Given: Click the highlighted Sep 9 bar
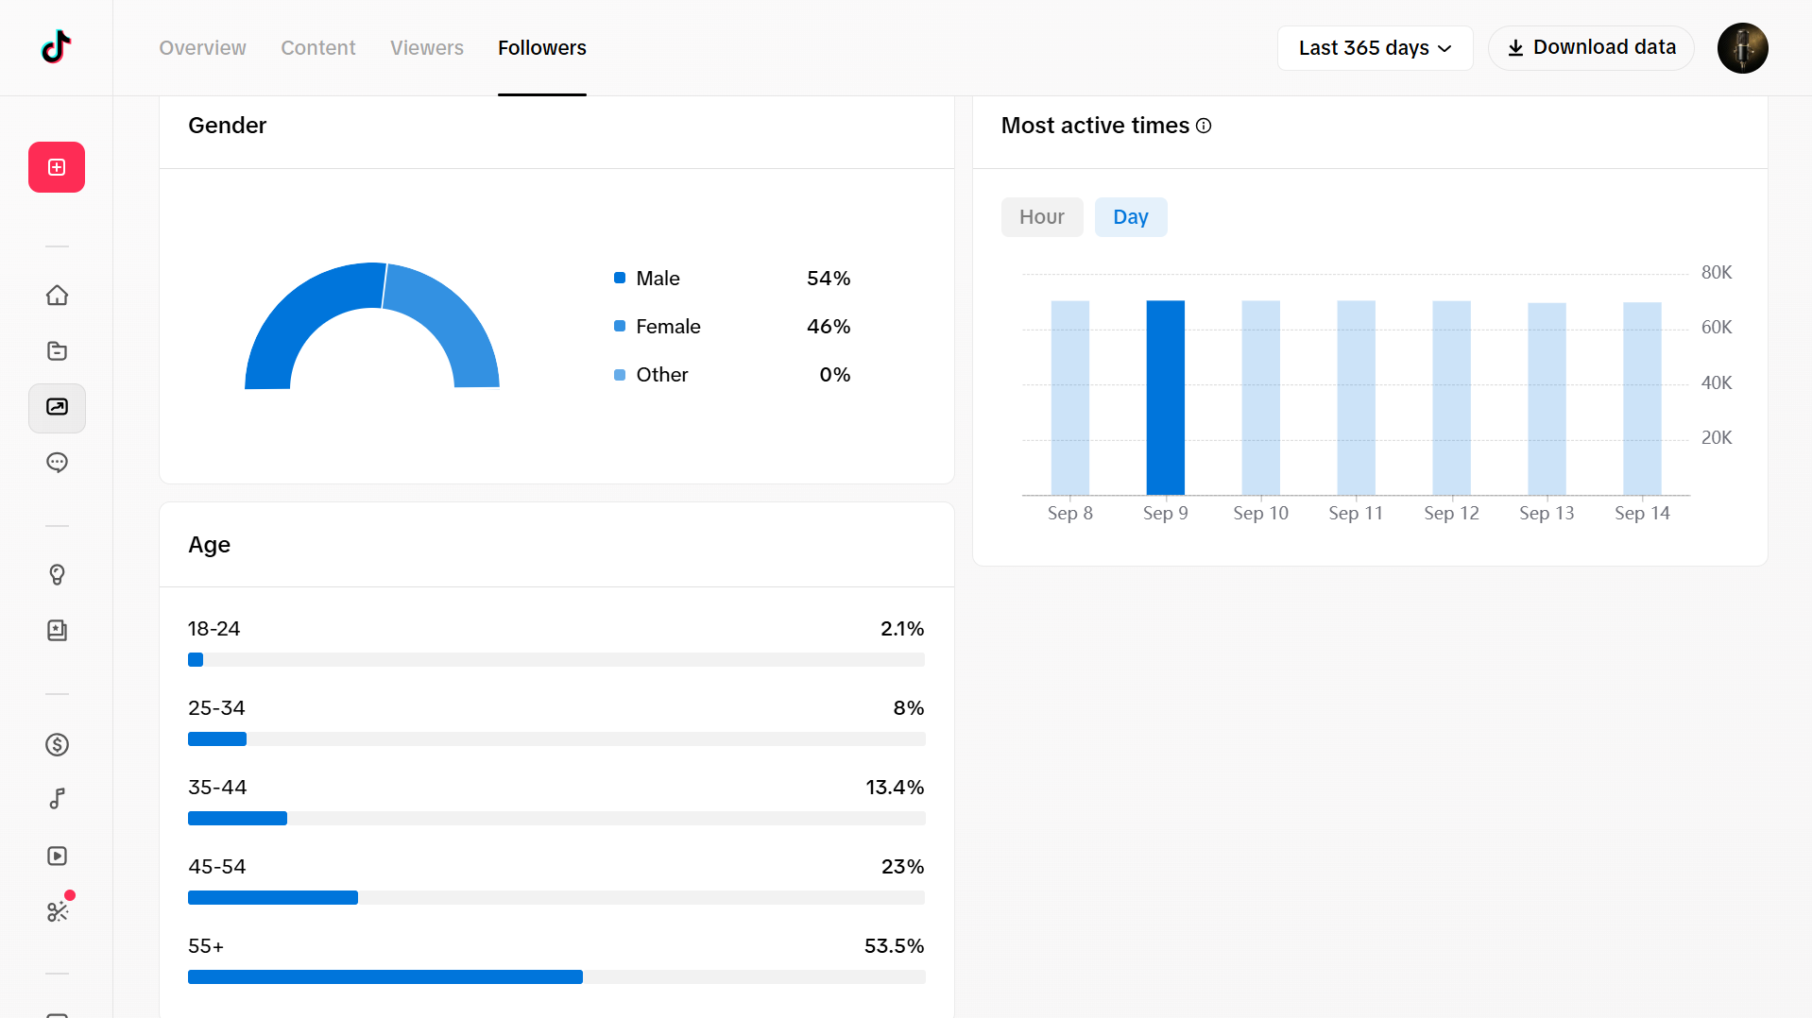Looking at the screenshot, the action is point(1165,398).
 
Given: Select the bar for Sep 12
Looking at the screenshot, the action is point(1451,398).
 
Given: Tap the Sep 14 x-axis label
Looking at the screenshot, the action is point(1642,513).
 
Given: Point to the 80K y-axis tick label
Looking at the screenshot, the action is point(1717,273).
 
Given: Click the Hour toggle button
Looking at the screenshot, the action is point(1042,217).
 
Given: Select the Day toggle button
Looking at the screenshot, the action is point(1131,217).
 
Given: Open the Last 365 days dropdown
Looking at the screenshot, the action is point(1375,48).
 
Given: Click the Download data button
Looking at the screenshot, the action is point(1591,48).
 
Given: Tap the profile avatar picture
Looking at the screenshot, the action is point(1742,48).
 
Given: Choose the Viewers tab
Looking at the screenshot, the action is point(427,48).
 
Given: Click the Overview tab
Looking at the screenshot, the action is point(202,48).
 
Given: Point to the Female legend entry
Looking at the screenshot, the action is point(658,327).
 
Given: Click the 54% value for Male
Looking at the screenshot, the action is point(829,279).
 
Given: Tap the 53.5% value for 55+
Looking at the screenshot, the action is point(894,946).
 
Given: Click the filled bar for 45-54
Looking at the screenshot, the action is point(273,897).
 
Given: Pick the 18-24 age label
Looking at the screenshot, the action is point(214,629).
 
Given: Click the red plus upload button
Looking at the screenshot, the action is point(57,167).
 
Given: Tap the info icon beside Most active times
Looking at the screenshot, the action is point(1204,126).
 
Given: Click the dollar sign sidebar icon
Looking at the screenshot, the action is point(57,745).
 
